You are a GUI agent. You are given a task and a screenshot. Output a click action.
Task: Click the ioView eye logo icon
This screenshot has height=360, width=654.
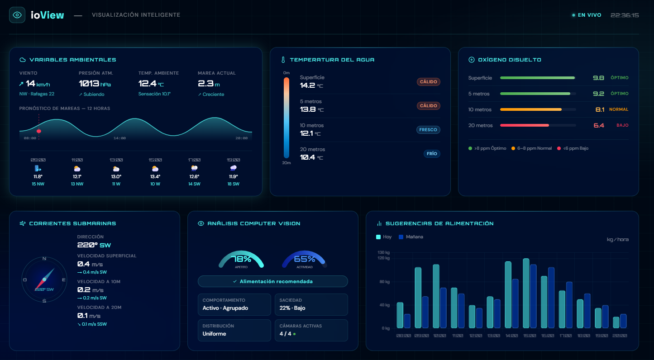[17, 15]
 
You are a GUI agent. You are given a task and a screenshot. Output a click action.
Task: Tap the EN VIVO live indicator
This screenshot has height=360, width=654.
[587, 15]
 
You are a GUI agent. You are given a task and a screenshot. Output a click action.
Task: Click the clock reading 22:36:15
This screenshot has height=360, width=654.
[625, 15]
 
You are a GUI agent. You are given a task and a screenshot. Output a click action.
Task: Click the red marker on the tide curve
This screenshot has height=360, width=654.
[39, 131]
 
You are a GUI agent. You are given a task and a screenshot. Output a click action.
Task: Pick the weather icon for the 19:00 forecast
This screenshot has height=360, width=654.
[234, 168]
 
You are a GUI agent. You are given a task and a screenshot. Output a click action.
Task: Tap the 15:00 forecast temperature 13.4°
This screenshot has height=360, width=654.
[155, 177]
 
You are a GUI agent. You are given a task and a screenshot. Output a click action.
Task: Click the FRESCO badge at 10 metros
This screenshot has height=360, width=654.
[428, 130]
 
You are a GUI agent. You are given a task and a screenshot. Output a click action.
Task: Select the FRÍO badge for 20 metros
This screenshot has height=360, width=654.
[432, 154]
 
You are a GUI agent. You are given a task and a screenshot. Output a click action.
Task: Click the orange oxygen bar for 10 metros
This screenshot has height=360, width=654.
[530, 109]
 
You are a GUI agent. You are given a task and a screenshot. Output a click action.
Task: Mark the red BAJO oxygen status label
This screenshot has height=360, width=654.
[622, 125]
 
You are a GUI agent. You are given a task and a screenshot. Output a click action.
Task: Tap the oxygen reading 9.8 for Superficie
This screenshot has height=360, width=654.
[598, 78]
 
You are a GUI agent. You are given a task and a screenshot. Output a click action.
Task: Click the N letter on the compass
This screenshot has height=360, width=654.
[44, 259]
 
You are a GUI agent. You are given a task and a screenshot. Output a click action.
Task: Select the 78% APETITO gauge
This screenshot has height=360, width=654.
[241, 260]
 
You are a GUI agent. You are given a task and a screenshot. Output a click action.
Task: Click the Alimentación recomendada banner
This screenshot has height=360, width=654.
[272, 281]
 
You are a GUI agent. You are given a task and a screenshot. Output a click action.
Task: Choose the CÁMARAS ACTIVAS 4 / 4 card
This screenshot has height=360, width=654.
[311, 330]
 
